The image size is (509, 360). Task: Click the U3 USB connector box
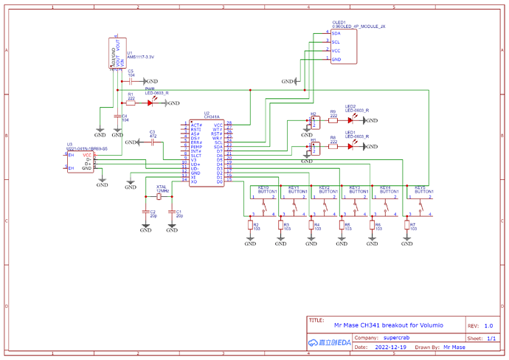coord(81,161)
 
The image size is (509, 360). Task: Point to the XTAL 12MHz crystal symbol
coord(159,197)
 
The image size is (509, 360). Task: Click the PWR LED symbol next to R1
coord(153,103)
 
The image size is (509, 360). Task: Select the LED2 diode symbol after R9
coord(350,120)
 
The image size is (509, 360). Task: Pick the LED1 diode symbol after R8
coord(350,146)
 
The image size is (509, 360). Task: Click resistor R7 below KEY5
coord(405,225)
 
